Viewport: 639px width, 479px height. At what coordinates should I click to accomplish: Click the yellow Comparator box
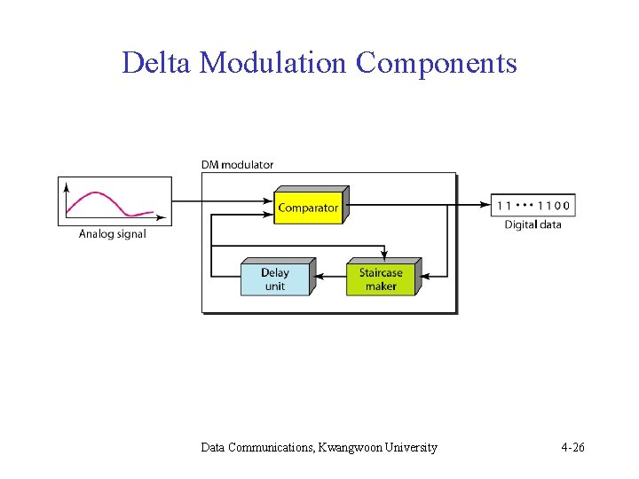tap(308, 208)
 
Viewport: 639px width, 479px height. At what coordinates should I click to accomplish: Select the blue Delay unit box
tap(275, 279)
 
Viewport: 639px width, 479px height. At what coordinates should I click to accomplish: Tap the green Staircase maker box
tap(381, 279)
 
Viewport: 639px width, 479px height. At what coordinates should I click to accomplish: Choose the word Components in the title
tap(436, 63)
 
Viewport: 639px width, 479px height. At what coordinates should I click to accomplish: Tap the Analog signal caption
tap(113, 234)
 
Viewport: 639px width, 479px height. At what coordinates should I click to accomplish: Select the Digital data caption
tap(532, 224)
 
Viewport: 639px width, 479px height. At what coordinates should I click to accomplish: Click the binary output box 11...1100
tap(532, 205)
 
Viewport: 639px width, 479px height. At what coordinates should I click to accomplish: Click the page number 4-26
tap(572, 447)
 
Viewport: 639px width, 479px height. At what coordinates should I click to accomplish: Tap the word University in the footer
tap(411, 447)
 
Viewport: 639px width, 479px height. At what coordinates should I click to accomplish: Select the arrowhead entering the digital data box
tap(485, 205)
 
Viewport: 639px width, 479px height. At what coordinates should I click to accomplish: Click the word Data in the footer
tap(213, 447)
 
